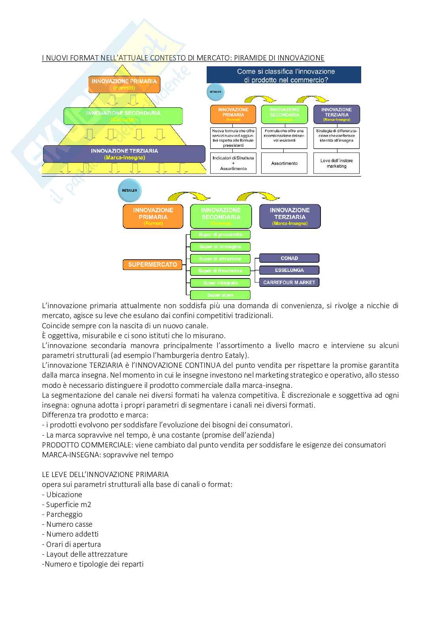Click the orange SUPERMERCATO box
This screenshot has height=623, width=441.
tap(153, 265)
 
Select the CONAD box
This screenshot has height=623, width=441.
tap(289, 258)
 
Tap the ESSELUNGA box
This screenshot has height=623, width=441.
tap(289, 270)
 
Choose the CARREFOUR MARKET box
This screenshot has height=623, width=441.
tap(289, 283)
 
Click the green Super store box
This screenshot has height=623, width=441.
tap(220, 295)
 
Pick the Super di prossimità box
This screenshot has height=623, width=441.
tap(220, 235)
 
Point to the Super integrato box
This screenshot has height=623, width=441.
tap(220, 283)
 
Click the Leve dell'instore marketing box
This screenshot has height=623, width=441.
tap(336, 163)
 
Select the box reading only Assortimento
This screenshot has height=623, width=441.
tap(284, 163)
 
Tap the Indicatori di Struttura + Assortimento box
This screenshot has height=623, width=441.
tap(233, 163)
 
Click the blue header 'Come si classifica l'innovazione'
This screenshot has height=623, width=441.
tap(284, 75)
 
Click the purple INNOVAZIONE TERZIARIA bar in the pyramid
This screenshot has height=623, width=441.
tap(124, 154)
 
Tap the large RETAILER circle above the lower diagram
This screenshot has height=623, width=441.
tap(129, 191)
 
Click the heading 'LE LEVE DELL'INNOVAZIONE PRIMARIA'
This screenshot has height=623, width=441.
tap(105, 475)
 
